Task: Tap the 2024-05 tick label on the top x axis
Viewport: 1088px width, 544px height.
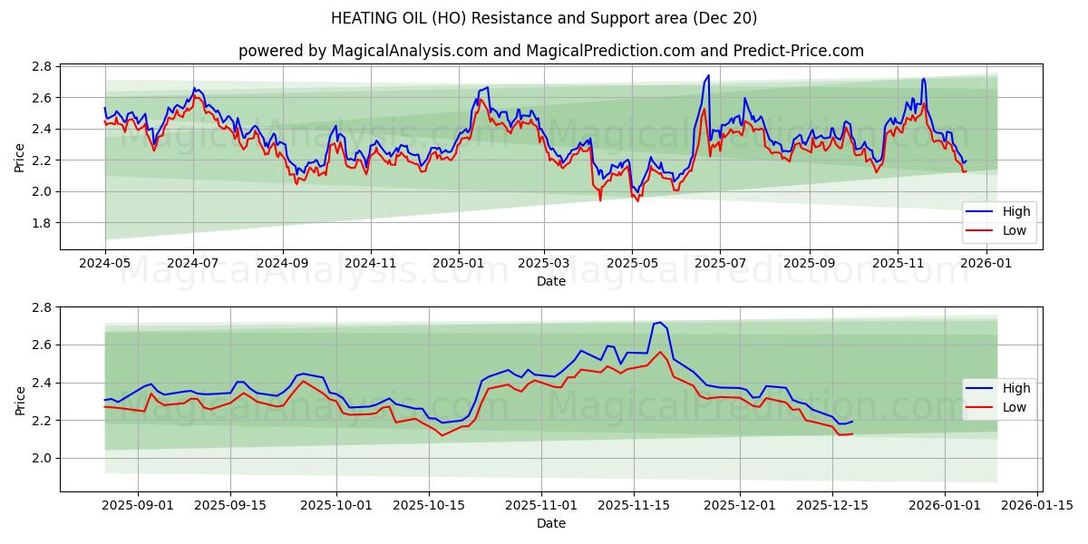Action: click(x=105, y=263)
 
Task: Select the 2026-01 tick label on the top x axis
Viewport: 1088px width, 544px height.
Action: click(x=986, y=263)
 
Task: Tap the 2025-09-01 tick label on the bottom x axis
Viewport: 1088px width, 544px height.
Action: click(x=139, y=505)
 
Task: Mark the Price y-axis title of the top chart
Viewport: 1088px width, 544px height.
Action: click(x=20, y=157)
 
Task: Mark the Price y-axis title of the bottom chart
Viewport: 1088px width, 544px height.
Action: click(x=20, y=400)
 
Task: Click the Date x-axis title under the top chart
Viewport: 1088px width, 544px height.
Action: click(x=550, y=281)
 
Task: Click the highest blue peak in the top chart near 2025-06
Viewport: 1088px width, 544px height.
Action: click(x=708, y=76)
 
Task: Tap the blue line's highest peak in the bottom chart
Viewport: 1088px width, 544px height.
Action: click(x=659, y=322)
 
